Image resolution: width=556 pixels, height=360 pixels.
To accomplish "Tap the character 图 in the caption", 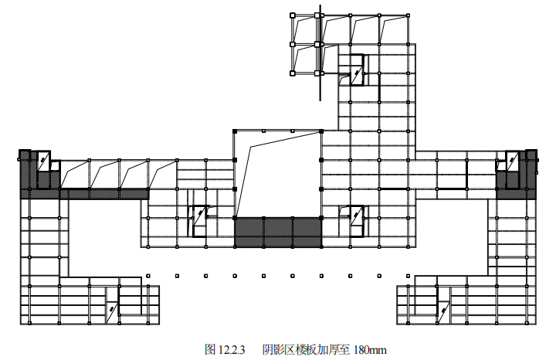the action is [x=210, y=350].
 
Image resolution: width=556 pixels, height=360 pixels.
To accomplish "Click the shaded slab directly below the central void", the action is [x=278, y=233].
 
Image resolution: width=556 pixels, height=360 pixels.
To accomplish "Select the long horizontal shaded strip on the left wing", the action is [x=84, y=194].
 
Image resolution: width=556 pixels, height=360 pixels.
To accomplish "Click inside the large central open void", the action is [x=278, y=174].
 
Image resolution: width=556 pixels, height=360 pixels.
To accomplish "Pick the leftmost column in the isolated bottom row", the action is [x=148, y=276].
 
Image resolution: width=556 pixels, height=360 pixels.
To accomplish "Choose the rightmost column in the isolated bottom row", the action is [x=409, y=276].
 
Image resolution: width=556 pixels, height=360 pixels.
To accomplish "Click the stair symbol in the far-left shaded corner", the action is [x=43, y=161].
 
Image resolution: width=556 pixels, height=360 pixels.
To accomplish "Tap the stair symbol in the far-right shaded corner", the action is [x=512, y=161].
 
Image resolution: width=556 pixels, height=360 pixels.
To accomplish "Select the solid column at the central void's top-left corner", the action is [x=235, y=131].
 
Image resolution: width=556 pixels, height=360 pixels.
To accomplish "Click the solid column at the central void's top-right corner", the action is [x=321, y=131].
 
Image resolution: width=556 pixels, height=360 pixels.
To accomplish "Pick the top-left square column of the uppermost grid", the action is [x=293, y=15].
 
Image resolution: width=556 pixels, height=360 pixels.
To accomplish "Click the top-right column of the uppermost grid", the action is [x=409, y=15].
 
